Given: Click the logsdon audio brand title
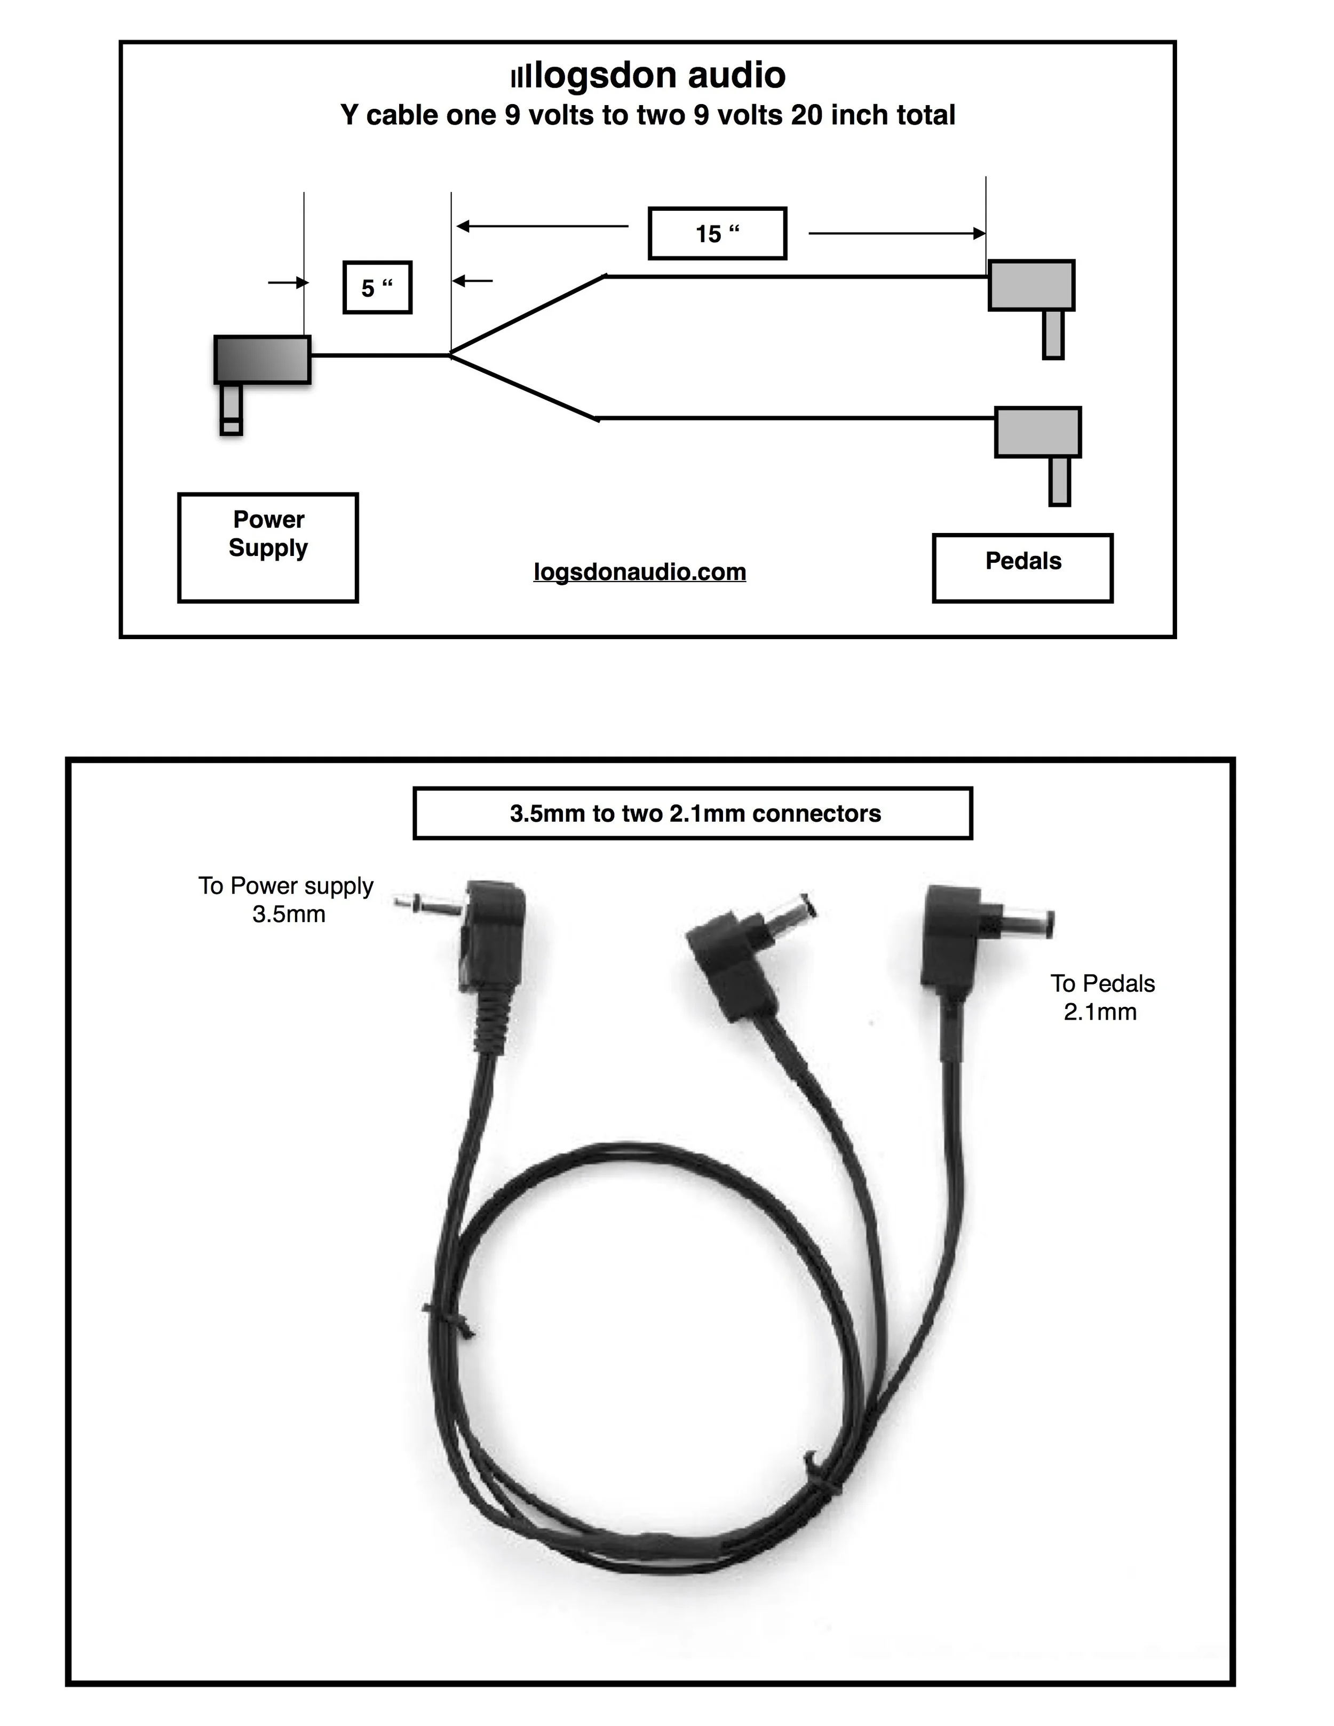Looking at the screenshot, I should (648, 76).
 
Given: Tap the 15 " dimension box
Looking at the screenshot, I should (717, 233).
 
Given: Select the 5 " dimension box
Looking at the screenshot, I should (377, 288).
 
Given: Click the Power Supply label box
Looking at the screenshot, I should (268, 547).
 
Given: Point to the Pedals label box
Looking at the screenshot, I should (1022, 568).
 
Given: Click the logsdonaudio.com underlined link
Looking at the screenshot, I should (639, 571).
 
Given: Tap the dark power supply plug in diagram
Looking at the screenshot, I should (261, 360).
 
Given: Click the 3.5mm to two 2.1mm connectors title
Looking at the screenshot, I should (693, 813).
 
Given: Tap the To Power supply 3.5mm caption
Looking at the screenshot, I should (286, 900).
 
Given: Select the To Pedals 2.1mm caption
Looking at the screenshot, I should (1102, 997).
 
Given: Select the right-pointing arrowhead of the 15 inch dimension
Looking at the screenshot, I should (979, 233).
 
